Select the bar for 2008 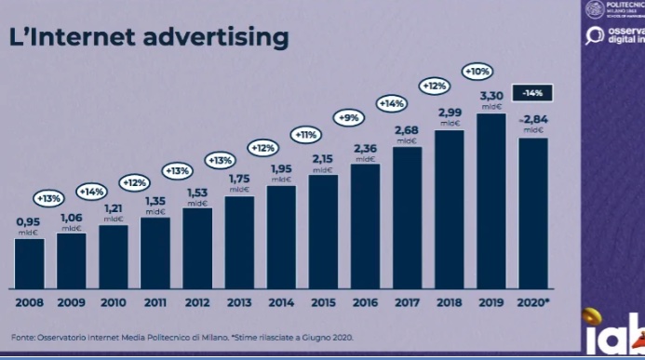29,262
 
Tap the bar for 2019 491,200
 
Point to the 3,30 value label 491,95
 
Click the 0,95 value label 29,221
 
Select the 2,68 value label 407,129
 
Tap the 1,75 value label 239,179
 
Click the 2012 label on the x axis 196,302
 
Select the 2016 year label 365,302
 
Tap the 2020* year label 534,302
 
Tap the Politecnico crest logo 593,9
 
